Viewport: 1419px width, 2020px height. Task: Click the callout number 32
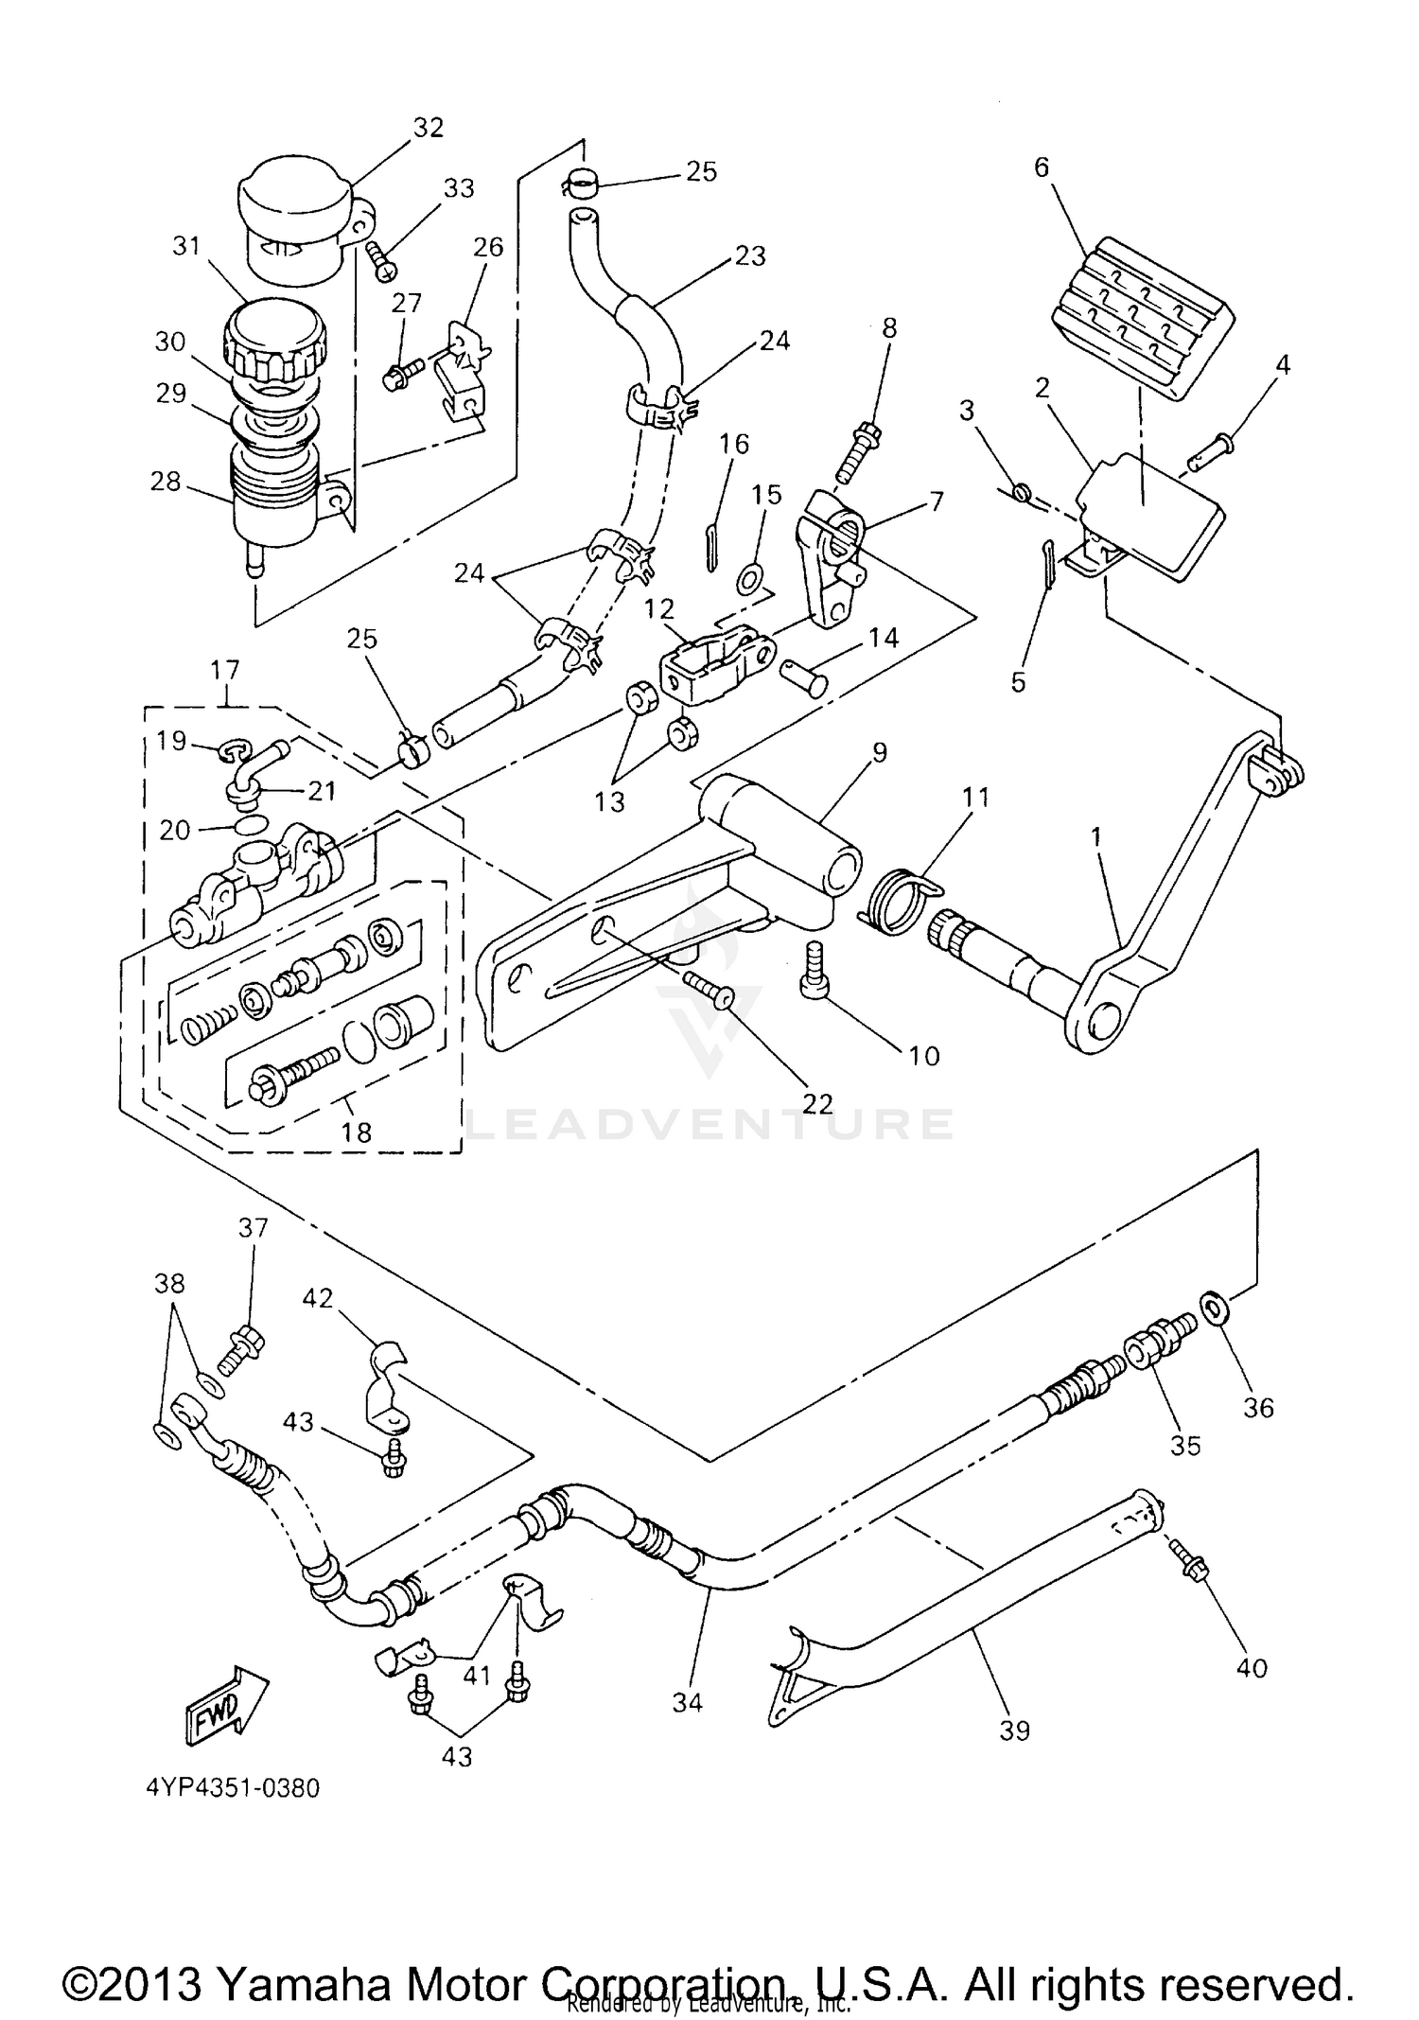(429, 128)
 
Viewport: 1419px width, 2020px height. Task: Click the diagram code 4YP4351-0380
(233, 1788)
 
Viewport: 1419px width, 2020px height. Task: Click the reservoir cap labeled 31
(274, 341)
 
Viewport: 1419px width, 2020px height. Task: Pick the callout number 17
(225, 670)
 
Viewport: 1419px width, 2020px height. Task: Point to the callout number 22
(817, 1103)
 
